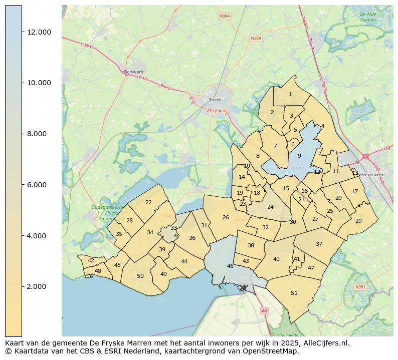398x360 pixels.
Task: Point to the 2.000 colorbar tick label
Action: point(39,286)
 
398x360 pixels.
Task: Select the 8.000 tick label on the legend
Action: point(39,134)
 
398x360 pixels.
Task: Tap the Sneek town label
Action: point(215,100)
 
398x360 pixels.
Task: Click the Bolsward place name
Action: point(134,72)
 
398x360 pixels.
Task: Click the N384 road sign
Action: point(225,16)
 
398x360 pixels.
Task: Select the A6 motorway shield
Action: point(264,311)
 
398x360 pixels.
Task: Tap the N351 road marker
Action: point(360,287)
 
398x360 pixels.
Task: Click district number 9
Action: point(299,156)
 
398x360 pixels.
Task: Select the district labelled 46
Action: point(230,266)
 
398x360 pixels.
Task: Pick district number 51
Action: point(294,293)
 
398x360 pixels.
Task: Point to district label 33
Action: point(173,228)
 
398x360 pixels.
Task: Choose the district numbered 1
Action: point(290,94)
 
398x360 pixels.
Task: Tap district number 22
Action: point(148,202)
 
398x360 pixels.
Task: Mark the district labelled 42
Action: point(91,260)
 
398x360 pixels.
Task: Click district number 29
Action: point(358,221)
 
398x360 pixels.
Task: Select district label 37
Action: point(319,244)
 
